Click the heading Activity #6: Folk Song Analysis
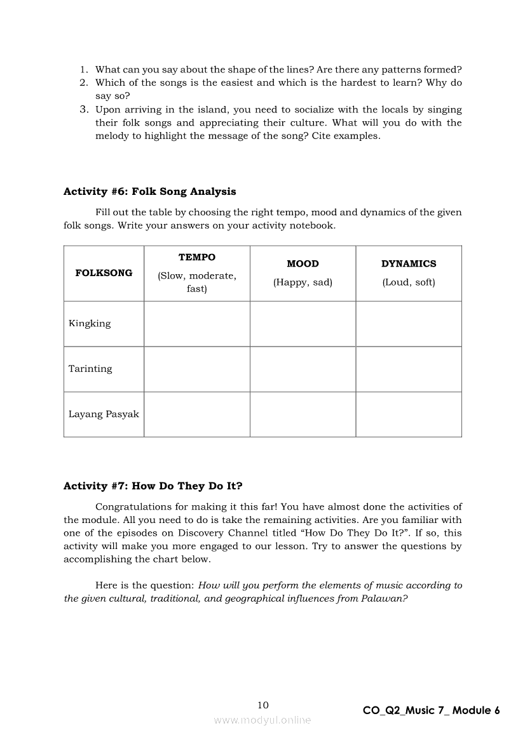(x=149, y=192)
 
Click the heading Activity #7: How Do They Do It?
(x=153, y=486)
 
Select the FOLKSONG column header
(x=104, y=273)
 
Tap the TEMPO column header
(x=196, y=258)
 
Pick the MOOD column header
(x=303, y=264)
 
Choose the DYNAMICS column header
(x=409, y=264)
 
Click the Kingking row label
(x=90, y=324)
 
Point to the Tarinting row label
(x=90, y=369)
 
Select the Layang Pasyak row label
(x=104, y=414)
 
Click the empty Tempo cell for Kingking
(x=196, y=324)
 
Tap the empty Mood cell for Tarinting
(x=303, y=369)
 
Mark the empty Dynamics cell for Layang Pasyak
(x=409, y=414)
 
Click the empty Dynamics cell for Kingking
(x=409, y=324)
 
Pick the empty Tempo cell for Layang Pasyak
(x=196, y=414)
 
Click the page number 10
(x=263, y=705)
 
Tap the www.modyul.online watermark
(x=262, y=720)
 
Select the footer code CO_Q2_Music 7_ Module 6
(x=431, y=711)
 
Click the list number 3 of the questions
(x=83, y=110)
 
